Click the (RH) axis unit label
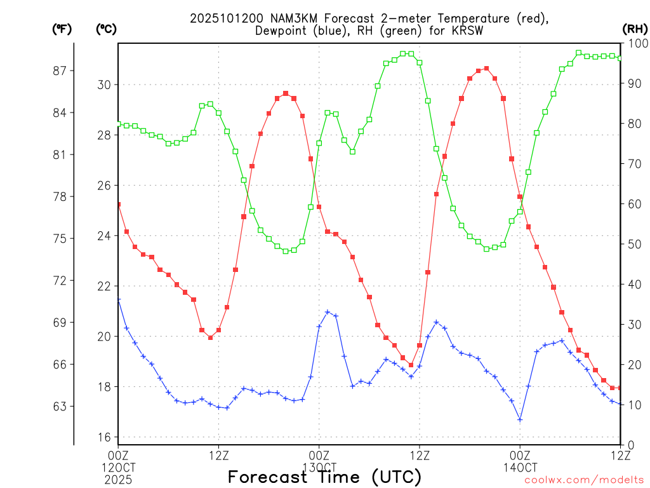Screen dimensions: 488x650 point(635,28)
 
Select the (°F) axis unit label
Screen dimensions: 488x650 point(62,28)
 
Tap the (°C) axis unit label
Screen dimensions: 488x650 point(106,28)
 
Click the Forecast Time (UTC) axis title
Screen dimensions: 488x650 point(324,477)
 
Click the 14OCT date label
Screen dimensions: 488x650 point(520,467)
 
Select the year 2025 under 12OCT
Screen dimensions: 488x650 point(118,478)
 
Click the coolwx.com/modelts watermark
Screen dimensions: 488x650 point(584,480)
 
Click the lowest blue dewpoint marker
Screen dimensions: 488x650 point(520,419)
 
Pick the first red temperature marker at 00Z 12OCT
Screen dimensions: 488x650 point(118,204)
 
